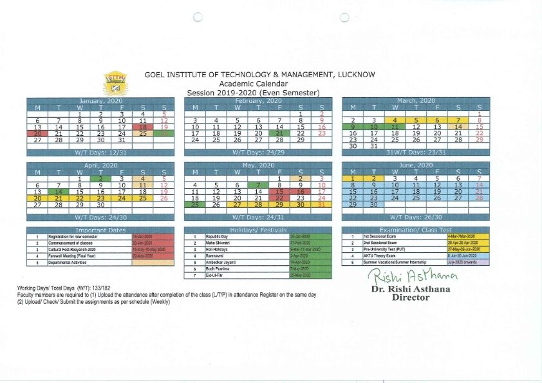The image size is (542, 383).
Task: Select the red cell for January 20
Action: [38, 133]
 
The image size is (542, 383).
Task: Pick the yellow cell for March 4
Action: [394, 120]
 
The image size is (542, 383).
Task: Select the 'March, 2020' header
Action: [416, 101]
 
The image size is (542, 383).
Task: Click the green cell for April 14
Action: [59, 192]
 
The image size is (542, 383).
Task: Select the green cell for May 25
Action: [194, 205]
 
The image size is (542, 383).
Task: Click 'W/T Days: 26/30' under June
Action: [416, 218]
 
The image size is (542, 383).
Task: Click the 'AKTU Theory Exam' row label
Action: [380, 256]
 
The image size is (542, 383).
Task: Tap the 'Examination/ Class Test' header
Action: [416, 230]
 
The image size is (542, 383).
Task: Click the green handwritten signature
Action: [412, 276]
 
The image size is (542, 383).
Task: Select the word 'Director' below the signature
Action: [411, 297]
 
